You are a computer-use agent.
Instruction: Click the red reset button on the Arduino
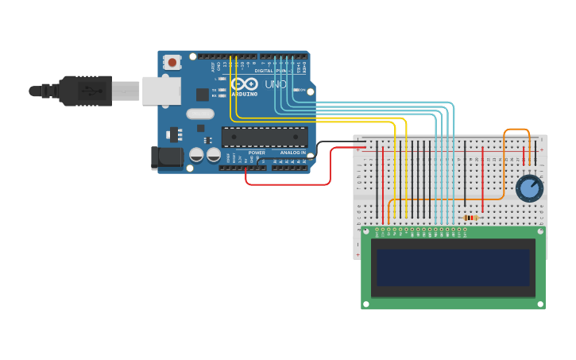pos(172,62)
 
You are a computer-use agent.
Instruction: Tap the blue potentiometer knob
pos(529,188)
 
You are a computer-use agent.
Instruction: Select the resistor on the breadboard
pos(470,218)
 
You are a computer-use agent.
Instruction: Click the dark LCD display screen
pos(453,268)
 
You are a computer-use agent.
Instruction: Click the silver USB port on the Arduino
pos(161,91)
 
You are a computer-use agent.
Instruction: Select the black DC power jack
pos(168,157)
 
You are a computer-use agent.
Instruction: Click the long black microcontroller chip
pos(265,137)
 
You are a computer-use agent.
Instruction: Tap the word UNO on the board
pos(276,84)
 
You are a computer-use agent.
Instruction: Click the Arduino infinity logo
pos(245,83)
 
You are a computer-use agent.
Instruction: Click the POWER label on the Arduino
pos(257,153)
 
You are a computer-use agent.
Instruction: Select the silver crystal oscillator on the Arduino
pos(200,114)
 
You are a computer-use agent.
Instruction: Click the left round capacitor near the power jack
pos(196,154)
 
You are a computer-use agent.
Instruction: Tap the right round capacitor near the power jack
pos(214,154)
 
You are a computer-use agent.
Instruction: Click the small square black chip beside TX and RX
pos(203,95)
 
